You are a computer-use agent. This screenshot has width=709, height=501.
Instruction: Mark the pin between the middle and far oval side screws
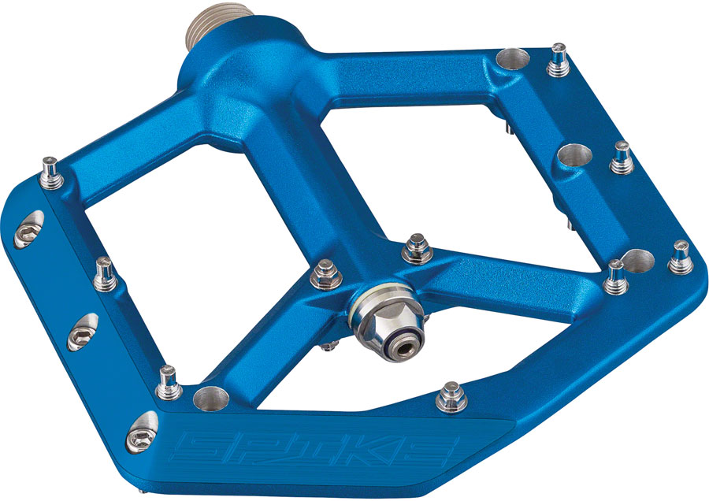pyautogui.click(x=103, y=272)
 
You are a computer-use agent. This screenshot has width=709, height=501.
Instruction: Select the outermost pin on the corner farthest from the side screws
pyautogui.click(x=680, y=256)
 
